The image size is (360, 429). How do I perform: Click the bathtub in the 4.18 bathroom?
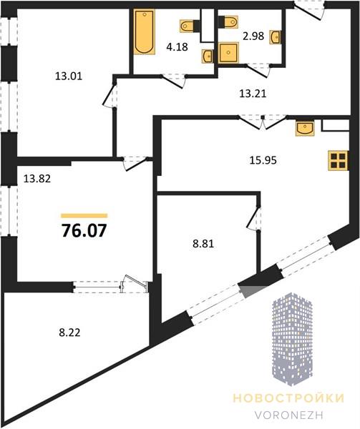coord(145,31)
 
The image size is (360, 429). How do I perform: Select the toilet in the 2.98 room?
coord(228,22)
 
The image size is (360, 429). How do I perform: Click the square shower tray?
coord(228,53)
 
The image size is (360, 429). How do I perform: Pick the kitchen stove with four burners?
coord(338,161)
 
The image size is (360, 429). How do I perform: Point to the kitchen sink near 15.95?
coord(305,128)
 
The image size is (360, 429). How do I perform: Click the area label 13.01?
coord(69,76)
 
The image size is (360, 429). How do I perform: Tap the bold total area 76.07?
coord(84,230)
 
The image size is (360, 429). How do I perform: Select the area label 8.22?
coord(70,332)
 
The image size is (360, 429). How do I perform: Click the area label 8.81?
coord(203,244)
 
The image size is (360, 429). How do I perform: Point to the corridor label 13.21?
coord(253,94)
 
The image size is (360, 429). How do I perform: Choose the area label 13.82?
coord(37,179)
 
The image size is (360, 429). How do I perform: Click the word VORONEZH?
coord(288,415)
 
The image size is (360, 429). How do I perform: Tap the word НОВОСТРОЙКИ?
coord(288,398)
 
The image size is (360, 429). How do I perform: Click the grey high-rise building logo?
coord(292,339)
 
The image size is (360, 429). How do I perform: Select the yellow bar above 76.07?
coord(84,216)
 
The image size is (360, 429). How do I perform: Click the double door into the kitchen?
coord(263,121)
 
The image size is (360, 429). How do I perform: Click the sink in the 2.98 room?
coord(276,37)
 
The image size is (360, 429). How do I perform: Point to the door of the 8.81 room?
coord(254,218)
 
